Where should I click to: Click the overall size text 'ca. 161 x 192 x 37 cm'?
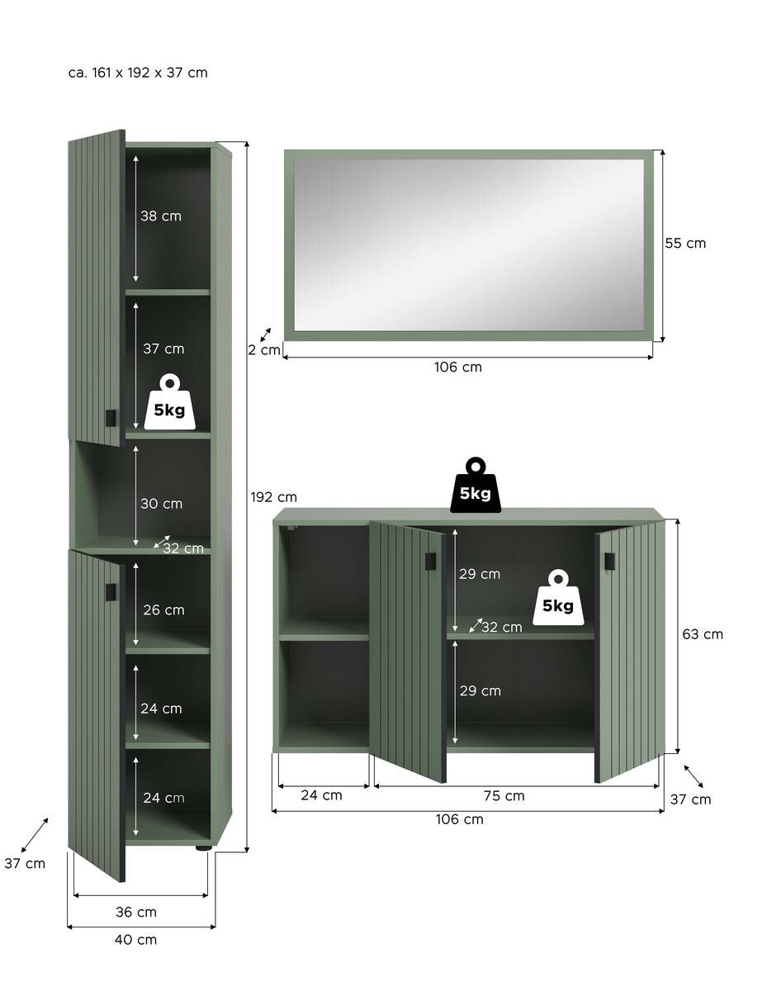click(138, 73)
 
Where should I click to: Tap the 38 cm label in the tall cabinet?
click(160, 216)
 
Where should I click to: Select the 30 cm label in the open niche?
click(161, 504)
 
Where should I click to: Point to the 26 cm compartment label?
click(163, 609)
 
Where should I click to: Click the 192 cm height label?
click(273, 497)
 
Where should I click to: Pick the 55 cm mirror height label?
click(685, 243)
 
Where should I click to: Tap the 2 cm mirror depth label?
click(264, 350)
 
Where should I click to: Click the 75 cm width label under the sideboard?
click(504, 796)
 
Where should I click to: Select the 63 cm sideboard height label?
click(703, 634)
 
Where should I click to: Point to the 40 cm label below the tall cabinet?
click(135, 940)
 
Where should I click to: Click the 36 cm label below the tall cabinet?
click(135, 912)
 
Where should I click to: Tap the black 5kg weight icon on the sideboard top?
click(476, 485)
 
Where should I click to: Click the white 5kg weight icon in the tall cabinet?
click(169, 402)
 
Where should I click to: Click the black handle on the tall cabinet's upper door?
click(111, 419)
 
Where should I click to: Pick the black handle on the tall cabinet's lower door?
click(111, 592)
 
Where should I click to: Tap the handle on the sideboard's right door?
click(609, 561)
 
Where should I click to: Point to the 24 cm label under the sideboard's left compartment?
click(321, 795)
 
